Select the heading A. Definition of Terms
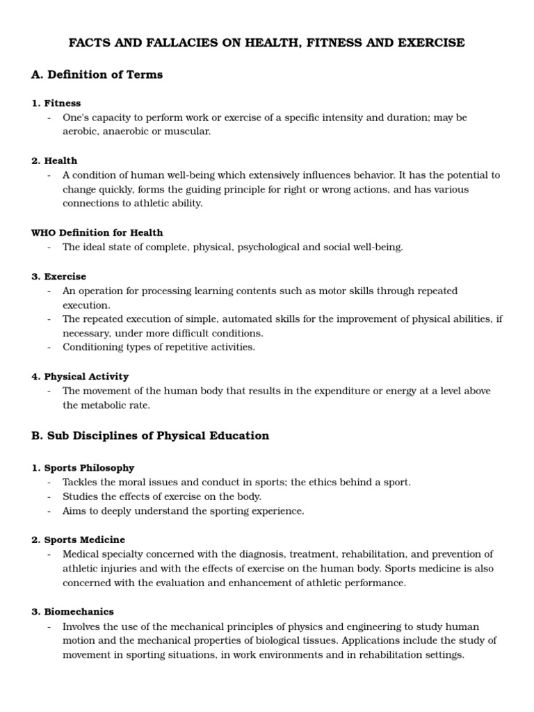click(x=97, y=74)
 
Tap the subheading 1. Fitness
click(x=56, y=103)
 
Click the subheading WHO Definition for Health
click(x=97, y=232)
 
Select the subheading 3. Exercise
click(x=59, y=276)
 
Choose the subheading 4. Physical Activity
click(x=80, y=376)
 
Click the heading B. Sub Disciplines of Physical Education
click(x=150, y=436)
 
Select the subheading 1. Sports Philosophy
click(x=83, y=468)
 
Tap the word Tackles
click(x=80, y=483)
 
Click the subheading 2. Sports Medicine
click(x=79, y=540)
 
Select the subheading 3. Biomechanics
click(x=72, y=612)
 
